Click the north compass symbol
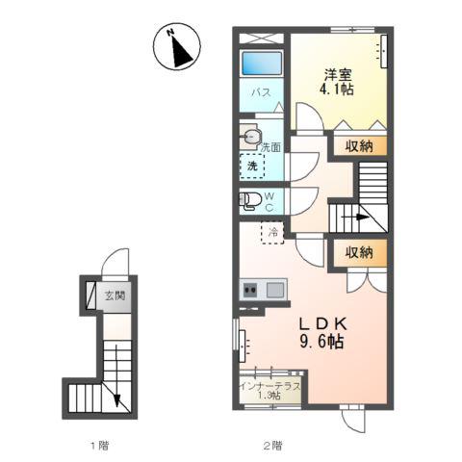(x=177, y=47)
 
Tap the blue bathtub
(x=262, y=63)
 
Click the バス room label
(x=261, y=92)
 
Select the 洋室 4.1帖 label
(x=337, y=82)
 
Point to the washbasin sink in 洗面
(x=249, y=138)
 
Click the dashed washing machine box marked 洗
(x=252, y=166)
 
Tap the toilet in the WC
(x=250, y=201)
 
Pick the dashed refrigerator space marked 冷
(x=272, y=232)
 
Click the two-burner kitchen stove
(x=250, y=291)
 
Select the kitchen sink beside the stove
(x=275, y=291)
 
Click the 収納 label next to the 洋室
(x=359, y=146)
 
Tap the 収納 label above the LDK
(x=359, y=253)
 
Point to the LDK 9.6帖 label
(x=322, y=333)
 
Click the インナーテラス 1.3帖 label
(x=270, y=391)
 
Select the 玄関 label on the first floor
(x=115, y=295)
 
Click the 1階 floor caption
(x=99, y=446)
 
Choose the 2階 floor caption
(x=273, y=446)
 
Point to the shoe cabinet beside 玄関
(x=91, y=295)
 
